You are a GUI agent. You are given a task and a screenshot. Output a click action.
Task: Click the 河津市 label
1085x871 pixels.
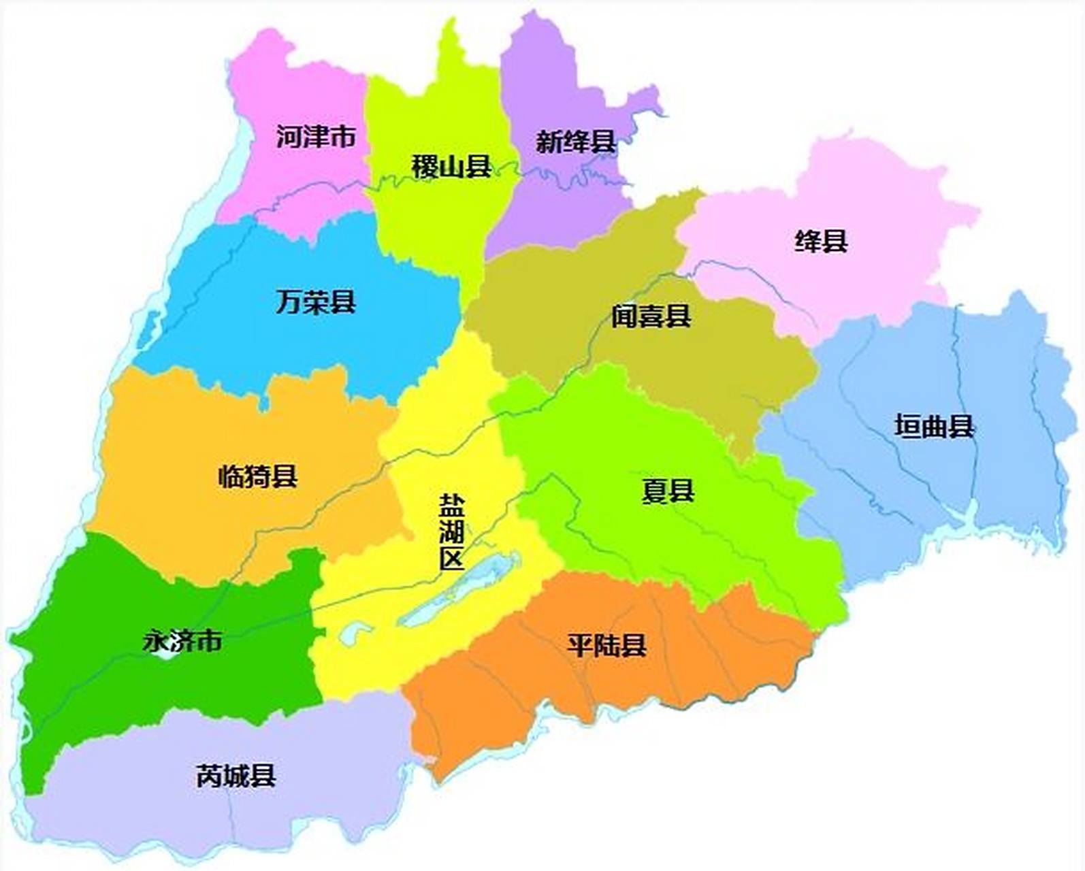pos(316,137)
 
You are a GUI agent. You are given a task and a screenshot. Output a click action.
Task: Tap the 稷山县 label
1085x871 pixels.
pos(451,166)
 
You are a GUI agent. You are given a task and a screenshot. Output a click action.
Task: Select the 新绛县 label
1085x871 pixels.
pos(575,142)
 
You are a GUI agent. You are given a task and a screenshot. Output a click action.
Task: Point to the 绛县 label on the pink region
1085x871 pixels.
pos(821,242)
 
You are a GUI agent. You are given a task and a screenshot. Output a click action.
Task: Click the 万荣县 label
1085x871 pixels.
pos(316,302)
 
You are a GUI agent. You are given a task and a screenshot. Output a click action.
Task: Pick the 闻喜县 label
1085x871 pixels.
pos(651,316)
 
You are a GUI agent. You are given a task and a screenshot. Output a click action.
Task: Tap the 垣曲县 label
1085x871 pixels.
pos(935,427)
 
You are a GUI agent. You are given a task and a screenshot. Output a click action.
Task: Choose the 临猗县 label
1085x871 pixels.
pos(258,476)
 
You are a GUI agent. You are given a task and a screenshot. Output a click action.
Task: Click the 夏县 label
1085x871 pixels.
pos(668,491)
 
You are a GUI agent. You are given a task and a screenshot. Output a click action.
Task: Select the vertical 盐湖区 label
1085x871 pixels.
pos(452,532)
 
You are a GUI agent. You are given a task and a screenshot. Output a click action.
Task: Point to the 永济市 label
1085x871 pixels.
pos(182,641)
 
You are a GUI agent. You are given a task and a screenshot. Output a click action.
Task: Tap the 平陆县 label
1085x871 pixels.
pos(606,645)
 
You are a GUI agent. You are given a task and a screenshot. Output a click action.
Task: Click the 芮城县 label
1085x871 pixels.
pos(236,776)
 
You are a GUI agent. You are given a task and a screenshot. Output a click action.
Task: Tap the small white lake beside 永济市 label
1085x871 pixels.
pos(166,655)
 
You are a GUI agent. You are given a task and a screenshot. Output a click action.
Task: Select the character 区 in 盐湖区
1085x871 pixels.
pos(452,559)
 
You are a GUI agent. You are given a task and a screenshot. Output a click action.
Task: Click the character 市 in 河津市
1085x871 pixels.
pos(343,137)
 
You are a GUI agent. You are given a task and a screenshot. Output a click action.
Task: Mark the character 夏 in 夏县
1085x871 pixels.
pos(655,491)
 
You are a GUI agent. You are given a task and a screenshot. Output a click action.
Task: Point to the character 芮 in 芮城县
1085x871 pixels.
pos(210,776)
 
